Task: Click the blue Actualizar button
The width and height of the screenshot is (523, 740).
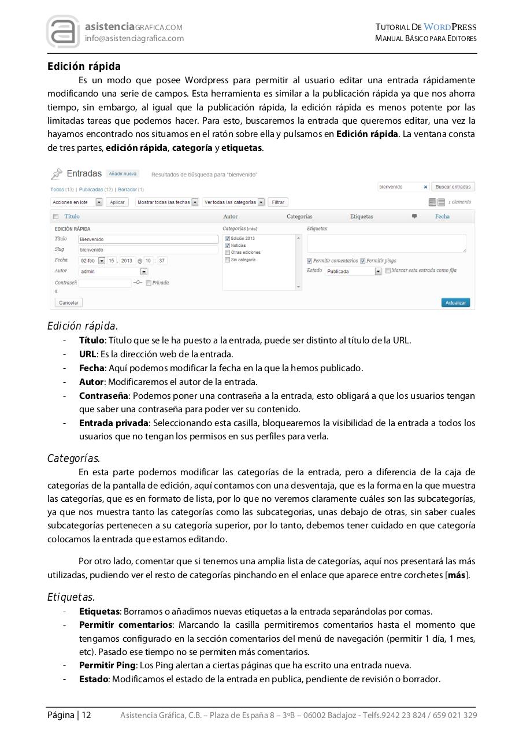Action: (x=455, y=302)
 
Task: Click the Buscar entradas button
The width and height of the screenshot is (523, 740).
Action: (x=453, y=187)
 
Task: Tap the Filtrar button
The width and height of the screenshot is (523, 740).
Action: (x=278, y=202)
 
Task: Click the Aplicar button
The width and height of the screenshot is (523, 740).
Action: (x=117, y=202)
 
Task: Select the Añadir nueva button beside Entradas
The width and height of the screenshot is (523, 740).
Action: (x=123, y=173)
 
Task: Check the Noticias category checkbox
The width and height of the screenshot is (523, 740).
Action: (x=227, y=245)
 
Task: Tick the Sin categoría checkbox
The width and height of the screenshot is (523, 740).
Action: (x=227, y=260)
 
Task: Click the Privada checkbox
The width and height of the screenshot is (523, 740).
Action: (x=149, y=283)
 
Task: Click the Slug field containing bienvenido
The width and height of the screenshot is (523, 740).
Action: (x=147, y=250)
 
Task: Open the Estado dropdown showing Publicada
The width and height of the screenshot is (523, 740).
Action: (x=353, y=271)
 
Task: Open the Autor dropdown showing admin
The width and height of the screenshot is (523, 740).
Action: (x=113, y=271)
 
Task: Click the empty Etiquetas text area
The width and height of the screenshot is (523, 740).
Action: (x=386, y=243)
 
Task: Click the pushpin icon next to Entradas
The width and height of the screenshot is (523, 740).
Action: (x=57, y=173)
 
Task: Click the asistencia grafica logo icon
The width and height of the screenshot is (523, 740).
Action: (x=63, y=32)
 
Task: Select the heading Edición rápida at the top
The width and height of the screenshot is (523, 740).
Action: (x=84, y=66)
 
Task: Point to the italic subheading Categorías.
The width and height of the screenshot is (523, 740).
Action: (x=73, y=458)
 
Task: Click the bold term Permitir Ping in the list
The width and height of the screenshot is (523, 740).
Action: (x=105, y=665)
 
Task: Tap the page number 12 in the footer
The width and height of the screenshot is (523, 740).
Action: (x=86, y=715)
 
